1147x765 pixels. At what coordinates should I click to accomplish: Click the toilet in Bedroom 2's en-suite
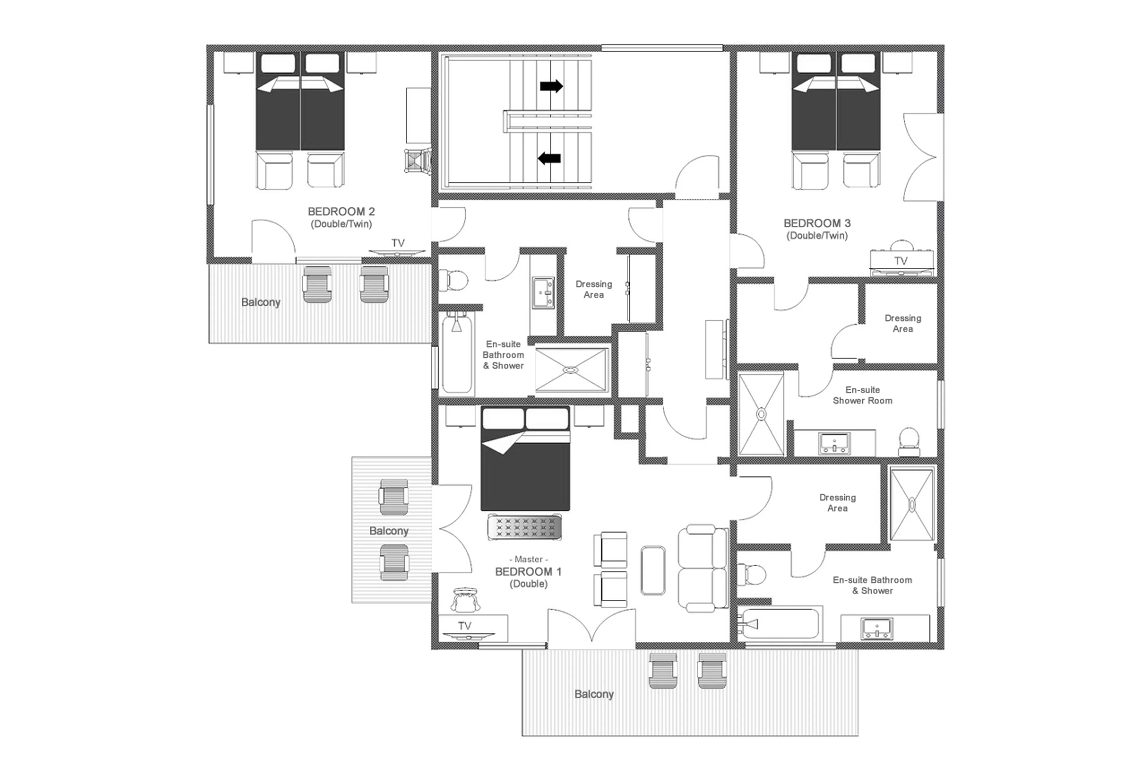pyautogui.click(x=453, y=280)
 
